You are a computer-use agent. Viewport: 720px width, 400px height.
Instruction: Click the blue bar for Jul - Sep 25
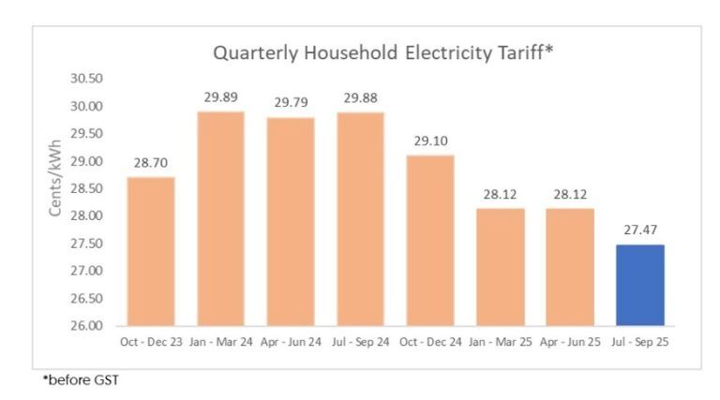click(x=640, y=285)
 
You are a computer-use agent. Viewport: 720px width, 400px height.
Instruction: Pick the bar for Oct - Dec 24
click(x=430, y=240)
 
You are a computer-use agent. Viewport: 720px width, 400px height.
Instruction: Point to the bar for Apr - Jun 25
click(x=570, y=267)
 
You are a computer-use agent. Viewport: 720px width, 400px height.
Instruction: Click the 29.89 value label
click(x=220, y=97)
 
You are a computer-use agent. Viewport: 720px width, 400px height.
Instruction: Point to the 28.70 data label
click(x=150, y=162)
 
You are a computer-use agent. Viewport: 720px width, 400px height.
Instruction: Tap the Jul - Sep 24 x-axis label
click(x=360, y=342)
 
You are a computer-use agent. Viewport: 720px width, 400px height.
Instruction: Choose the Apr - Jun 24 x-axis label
click(x=291, y=342)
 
